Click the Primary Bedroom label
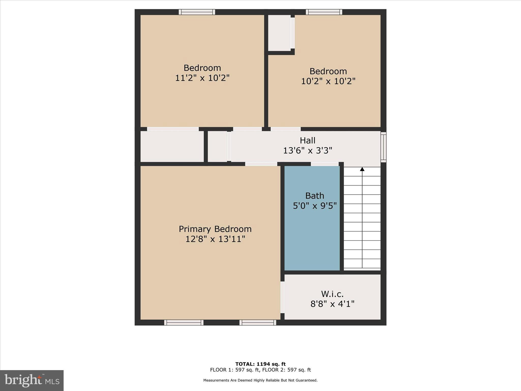[x=215, y=229]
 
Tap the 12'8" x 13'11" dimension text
[x=215, y=239]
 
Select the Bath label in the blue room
[x=315, y=196]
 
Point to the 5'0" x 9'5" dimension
[x=315, y=206]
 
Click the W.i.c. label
[x=332, y=294]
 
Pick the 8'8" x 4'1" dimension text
[x=332, y=304]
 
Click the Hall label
[x=308, y=141]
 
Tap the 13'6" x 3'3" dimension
[x=308, y=151]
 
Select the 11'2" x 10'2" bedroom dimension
[x=202, y=78]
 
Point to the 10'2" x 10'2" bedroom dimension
[x=328, y=81]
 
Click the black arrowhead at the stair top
[x=362, y=169]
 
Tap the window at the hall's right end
[x=383, y=147]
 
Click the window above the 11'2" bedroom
[x=197, y=12]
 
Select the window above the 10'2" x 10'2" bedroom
[x=324, y=12]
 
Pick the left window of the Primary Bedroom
[x=184, y=323]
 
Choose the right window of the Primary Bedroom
[x=258, y=323]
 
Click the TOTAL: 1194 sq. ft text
[x=260, y=364]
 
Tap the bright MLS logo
[x=32, y=380]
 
